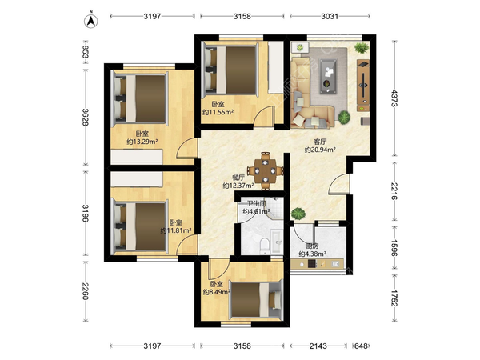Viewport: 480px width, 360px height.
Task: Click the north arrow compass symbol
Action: pos(90,21)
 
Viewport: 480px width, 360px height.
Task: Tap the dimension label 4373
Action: pos(394,98)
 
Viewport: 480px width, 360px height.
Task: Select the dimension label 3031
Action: pos(330,16)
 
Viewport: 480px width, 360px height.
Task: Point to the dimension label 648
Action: pos(362,346)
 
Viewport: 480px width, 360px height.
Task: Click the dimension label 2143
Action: pos(318,346)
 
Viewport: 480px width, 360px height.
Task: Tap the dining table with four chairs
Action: pos(265,170)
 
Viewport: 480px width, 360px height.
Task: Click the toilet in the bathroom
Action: pos(264,246)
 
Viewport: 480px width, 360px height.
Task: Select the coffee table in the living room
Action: pos(329,76)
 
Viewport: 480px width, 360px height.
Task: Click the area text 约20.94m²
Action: pos(320,150)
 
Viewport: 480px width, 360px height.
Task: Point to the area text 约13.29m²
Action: pos(142,142)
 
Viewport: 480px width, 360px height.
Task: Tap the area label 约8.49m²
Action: pos(217,292)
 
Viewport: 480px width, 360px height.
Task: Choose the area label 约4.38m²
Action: pos(312,254)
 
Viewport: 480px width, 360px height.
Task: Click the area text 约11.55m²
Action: pos(218,112)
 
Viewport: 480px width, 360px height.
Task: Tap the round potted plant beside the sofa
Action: pos(344,117)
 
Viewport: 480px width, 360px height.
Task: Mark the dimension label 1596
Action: pos(394,248)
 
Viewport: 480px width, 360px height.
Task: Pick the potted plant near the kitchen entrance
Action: pos(298,214)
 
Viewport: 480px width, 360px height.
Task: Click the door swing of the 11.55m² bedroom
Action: pos(264,115)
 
